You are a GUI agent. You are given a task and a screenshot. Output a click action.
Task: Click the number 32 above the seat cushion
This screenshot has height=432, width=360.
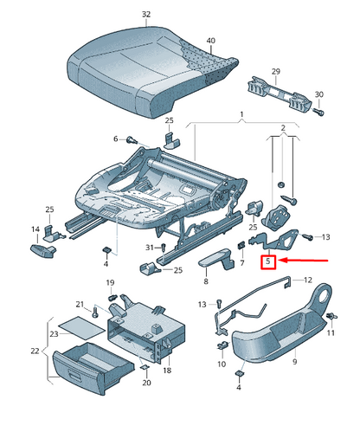(x=145, y=15)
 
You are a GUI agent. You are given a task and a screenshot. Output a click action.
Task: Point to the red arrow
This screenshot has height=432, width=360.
(x=302, y=259)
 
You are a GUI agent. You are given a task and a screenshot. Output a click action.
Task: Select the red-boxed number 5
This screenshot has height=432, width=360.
(x=268, y=261)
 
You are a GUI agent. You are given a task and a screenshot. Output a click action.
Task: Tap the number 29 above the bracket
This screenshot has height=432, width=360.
(x=276, y=70)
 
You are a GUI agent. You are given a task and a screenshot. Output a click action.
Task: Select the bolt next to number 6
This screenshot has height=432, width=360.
(x=132, y=139)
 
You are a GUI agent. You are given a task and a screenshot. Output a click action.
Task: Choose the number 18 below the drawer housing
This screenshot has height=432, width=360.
(x=168, y=370)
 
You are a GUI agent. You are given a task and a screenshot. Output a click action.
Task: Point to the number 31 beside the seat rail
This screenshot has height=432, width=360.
(x=149, y=248)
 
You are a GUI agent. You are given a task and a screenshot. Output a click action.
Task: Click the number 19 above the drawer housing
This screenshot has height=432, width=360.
(x=110, y=284)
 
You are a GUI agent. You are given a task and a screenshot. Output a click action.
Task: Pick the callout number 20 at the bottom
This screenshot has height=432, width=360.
(x=146, y=383)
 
